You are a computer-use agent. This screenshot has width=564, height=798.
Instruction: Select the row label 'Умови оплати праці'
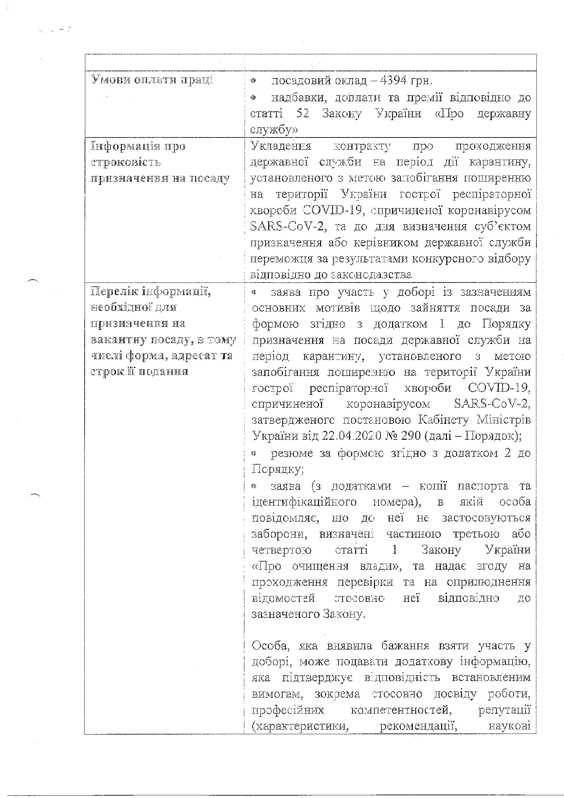coord(152,80)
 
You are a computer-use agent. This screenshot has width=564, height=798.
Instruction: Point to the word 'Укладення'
coord(281,146)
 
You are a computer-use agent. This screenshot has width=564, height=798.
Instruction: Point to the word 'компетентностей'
coord(401,709)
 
